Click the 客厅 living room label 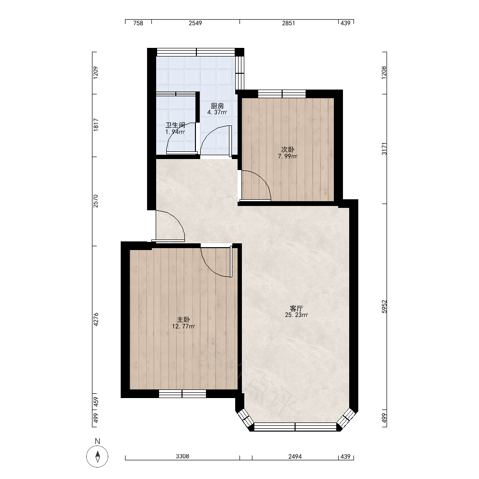tap(297, 308)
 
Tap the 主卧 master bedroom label tap(183, 319)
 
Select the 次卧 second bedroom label tap(288, 149)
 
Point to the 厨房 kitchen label tap(217, 106)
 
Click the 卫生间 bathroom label tap(175, 125)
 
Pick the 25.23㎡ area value tap(297, 315)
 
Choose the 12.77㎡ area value tap(183, 326)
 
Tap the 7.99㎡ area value tap(288, 157)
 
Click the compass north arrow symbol tap(97, 456)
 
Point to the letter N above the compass tap(97, 441)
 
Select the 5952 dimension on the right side tap(384, 307)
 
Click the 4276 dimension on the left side tap(96, 319)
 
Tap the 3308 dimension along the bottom tap(182, 456)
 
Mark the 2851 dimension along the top tap(288, 23)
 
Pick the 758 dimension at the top tap(138, 23)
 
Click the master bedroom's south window tap(182, 394)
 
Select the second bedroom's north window tap(282, 93)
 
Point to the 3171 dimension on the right tap(384, 148)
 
